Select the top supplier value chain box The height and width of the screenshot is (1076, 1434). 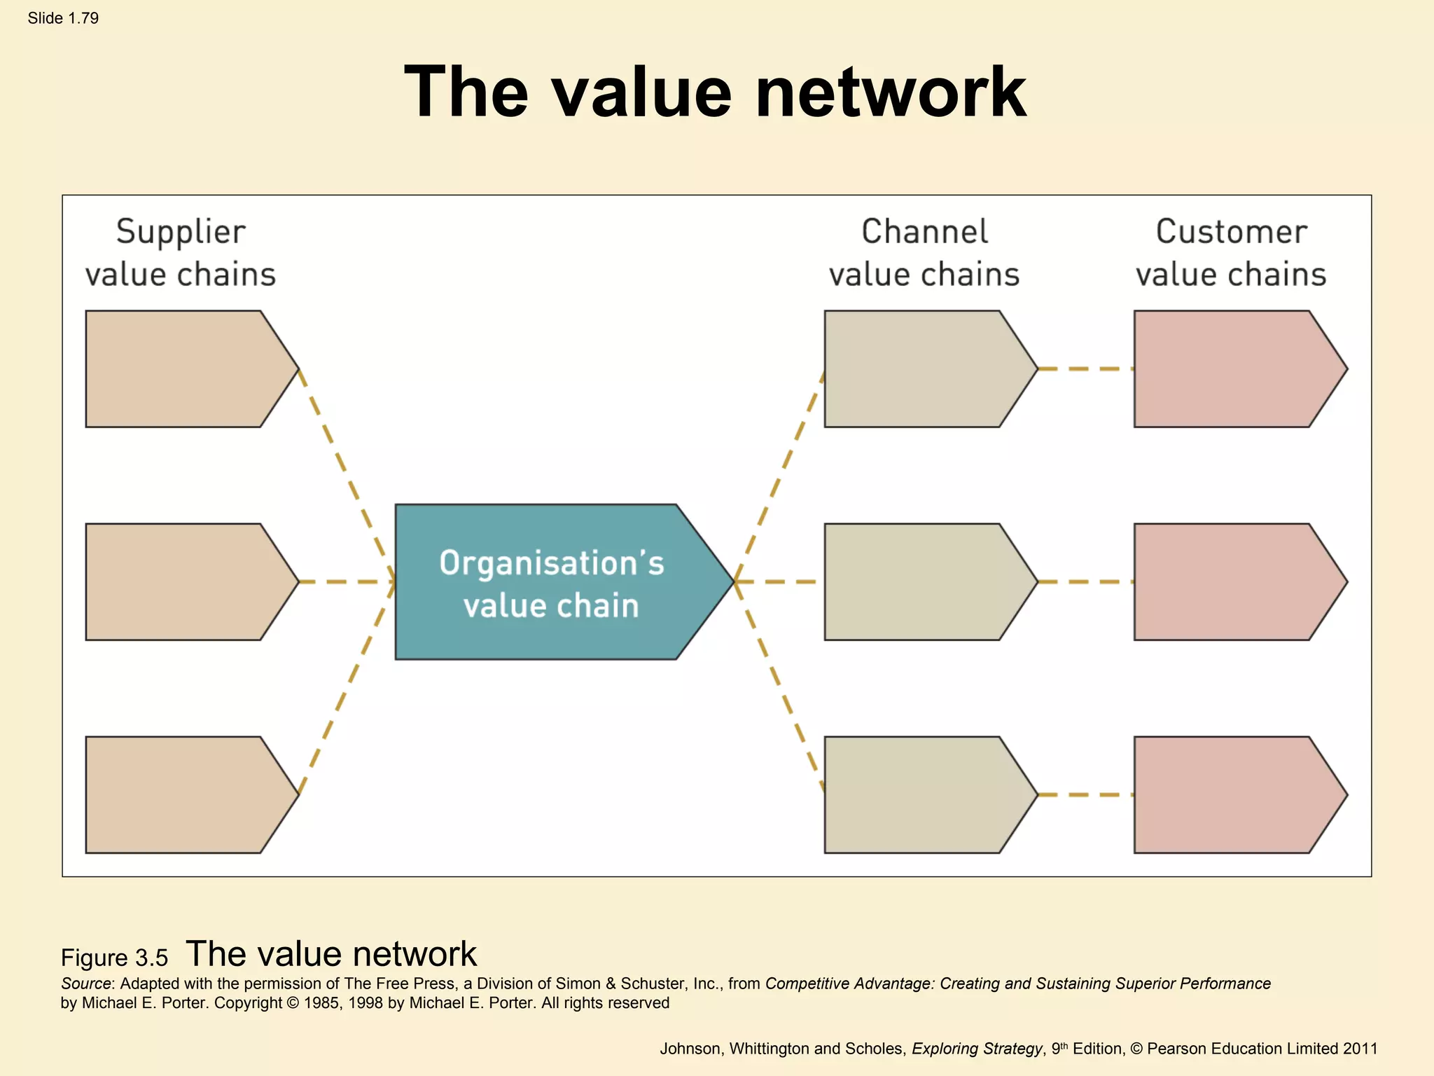182,369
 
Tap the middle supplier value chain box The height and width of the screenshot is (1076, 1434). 182,582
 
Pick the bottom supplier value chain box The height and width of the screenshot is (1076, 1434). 182,795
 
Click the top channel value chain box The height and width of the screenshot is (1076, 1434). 921,369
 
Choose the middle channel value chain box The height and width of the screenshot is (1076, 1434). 921,582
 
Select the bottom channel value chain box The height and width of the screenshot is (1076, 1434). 921,795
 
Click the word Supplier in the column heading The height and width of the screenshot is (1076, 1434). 181,233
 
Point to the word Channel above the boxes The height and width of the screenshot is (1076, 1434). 924,232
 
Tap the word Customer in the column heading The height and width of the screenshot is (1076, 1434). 1231,232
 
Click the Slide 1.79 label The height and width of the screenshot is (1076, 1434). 63,18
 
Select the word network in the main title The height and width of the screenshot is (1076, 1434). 891,92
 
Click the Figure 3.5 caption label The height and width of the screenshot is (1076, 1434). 114,958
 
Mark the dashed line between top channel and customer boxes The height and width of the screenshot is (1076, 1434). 1085,368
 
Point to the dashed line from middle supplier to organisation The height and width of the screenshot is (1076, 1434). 347,581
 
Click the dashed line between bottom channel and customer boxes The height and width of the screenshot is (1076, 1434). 1085,794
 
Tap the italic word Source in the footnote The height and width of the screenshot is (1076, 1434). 86,984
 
